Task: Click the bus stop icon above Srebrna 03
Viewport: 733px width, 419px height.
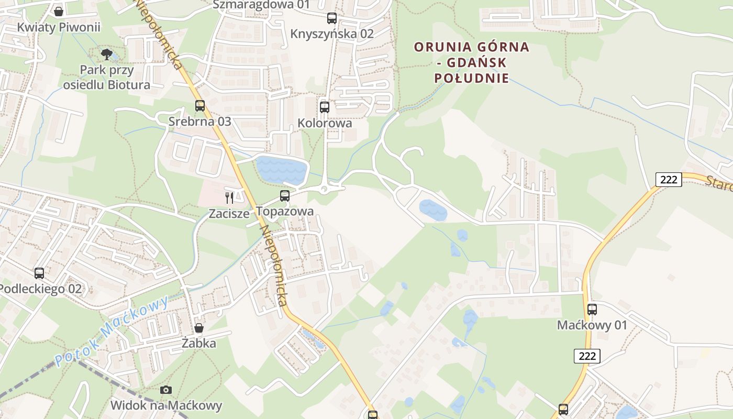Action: (x=199, y=106)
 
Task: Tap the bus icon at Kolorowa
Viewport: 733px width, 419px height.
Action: (x=325, y=107)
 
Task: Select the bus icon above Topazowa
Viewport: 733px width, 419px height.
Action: (x=284, y=196)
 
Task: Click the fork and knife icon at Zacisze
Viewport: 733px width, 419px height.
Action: (x=229, y=197)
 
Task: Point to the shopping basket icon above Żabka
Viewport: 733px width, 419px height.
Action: (x=199, y=328)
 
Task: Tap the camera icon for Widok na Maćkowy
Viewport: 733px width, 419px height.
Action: (x=166, y=390)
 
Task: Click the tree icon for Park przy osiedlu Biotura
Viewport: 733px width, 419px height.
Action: (x=107, y=54)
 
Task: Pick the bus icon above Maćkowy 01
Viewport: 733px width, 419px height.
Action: (x=592, y=309)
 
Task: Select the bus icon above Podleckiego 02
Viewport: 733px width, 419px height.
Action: (x=39, y=273)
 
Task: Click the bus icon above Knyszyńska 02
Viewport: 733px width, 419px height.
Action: (x=332, y=18)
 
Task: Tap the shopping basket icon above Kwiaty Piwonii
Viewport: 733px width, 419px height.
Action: (x=59, y=11)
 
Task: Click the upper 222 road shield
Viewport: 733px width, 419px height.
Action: (x=669, y=180)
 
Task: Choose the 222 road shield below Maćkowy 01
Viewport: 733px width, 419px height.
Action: (x=587, y=356)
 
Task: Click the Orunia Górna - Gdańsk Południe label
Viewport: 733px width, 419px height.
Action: (x=472, y=63)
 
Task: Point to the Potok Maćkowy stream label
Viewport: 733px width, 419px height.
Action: (x=112, y=331)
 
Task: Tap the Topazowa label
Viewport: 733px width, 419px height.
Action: (x=285, y=211)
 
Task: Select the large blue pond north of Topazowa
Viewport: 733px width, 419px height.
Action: (x=281, y=169)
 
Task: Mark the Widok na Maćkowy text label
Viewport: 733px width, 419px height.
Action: (x=166, y=405)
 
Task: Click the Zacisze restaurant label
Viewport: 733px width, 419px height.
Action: (x=229, y=213)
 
